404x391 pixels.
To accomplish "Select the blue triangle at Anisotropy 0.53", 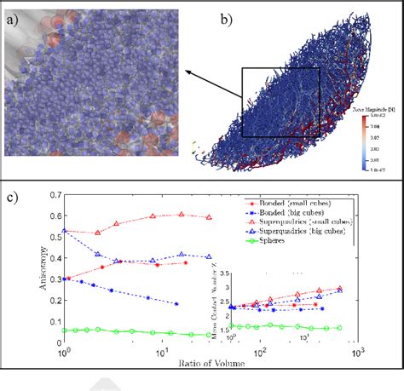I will (x=64, y=231).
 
